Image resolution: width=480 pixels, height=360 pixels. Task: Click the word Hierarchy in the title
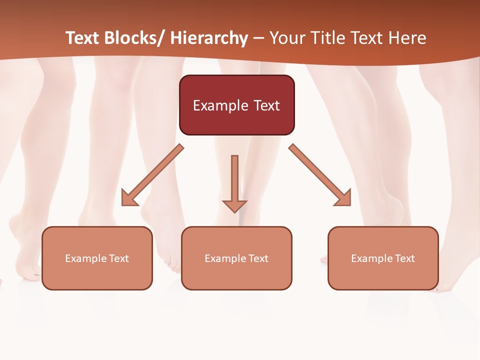coord(209,38)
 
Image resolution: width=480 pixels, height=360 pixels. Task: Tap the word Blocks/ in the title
coord(131,38)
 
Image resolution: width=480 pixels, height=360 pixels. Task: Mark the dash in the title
coord(258,38)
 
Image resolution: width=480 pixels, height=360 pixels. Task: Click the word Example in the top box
coord(220,105)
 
